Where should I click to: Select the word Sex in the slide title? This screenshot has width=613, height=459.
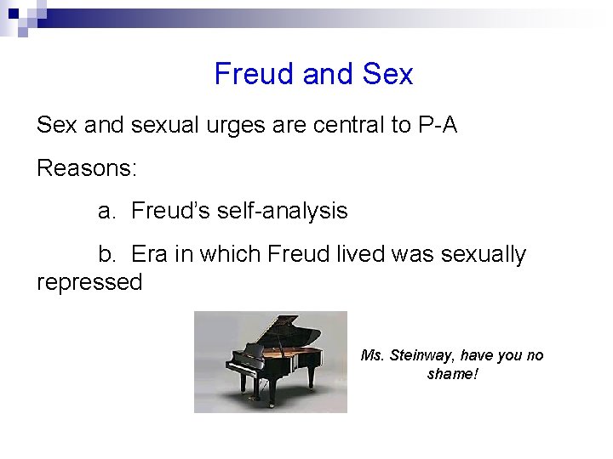coord(387,74)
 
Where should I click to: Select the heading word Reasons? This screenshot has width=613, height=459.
coord(86,167)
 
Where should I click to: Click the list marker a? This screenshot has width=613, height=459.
coord(106,211)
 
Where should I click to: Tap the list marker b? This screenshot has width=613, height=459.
coord(106,254)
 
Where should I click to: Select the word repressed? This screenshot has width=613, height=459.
coord(89,282)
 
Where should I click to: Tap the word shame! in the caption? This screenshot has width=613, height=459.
coord(453,374)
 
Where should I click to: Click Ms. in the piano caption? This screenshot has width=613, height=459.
coord(372,355)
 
